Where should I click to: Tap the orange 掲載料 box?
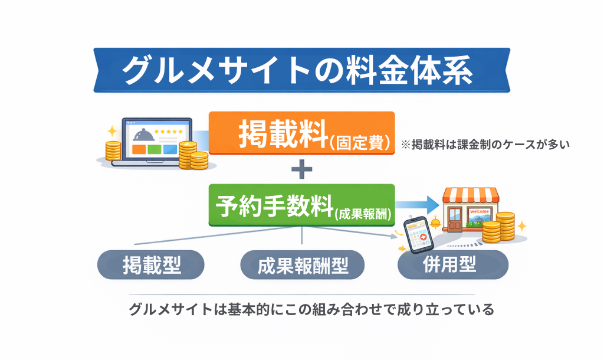[x=301, y=133]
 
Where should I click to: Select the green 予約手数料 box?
[x=301, y=205]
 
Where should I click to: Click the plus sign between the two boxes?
[x=301, y=170]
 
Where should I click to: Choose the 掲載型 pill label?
[x=151, y=264]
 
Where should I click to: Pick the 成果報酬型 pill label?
[x=303, y=265]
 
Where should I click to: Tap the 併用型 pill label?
[x=452, y=264]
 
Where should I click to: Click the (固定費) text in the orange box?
[x=360, y=142]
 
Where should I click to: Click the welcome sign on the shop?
[x=479, y=211]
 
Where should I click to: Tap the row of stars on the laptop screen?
[x=169, y=132]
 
